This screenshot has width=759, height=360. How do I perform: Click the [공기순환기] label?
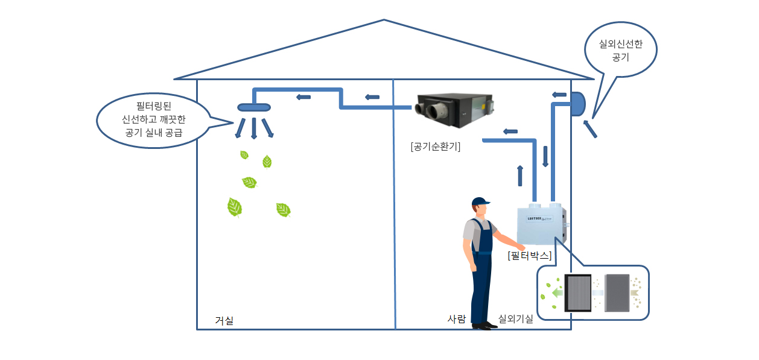pos(434,146)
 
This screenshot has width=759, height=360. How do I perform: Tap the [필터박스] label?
pos(530,255)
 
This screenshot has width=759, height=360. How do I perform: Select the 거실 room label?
pos(224,321)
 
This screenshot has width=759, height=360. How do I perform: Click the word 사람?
pos(456,319)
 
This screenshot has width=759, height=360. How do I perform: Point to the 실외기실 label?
pos(515,319)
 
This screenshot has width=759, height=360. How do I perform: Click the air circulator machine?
pos(454,110)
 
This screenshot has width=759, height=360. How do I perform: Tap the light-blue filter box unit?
pos(541,224)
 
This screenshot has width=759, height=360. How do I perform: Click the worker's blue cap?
pos(480,201)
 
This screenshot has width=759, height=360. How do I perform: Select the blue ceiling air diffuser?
pos(254,107)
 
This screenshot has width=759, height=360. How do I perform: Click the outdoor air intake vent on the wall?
pos(577,104)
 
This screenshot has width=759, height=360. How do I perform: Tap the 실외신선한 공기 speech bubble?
pos(620,51)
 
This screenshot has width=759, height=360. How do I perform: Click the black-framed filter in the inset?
pos(577,292)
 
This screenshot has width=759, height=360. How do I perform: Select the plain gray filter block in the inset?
pos(616,292)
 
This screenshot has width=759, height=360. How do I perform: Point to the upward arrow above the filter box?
pos(520,175)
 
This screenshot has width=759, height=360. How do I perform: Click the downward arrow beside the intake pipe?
pos(545,156)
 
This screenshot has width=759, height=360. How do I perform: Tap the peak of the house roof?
pos(384,21)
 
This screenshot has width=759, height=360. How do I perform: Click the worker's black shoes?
pos(483,326)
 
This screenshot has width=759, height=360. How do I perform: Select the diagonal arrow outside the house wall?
pos(589,129)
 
